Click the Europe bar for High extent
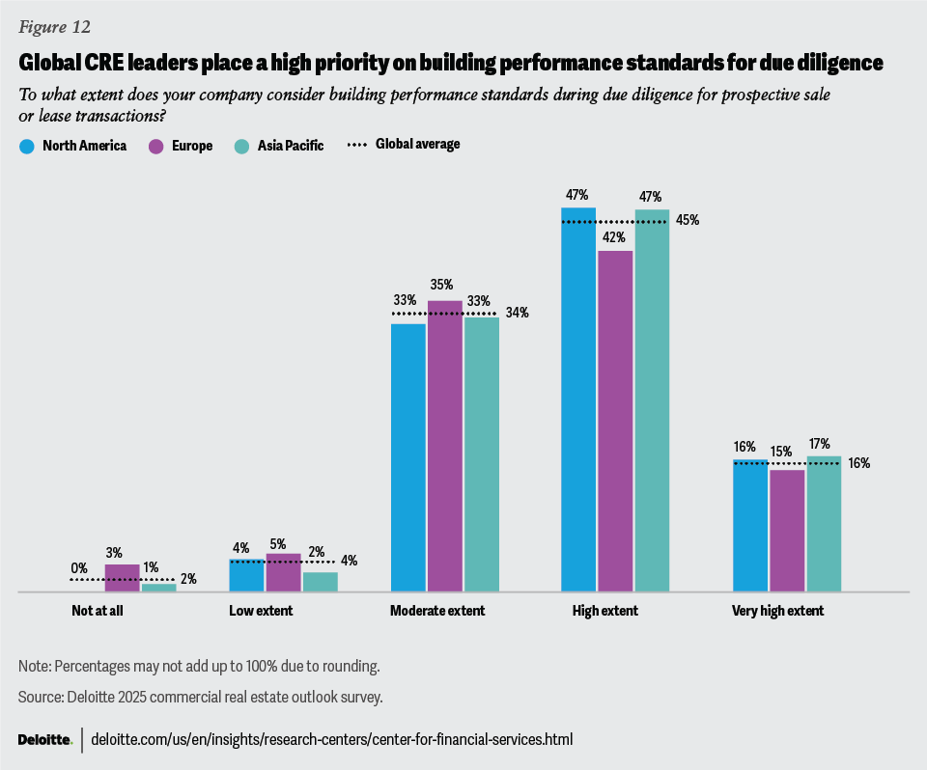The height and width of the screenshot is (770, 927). [x=615, y=421]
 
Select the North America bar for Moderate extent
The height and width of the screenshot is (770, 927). [x=408, y=456]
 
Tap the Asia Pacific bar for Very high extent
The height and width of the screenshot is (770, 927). [x=824, y=523]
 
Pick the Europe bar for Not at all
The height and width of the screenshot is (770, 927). [x=122, y=577]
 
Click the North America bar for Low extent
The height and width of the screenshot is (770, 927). [x=246, y=575]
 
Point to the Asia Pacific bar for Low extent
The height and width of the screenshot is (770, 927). [x=320, y=581]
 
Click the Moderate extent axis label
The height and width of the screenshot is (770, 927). [x=437, y=611]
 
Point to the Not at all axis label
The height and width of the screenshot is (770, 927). [x=98, y=611]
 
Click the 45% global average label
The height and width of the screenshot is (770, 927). [x=688, y=220]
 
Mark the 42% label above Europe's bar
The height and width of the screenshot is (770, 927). [x=615, y=237]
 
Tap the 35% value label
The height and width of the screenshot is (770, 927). [x=444, y=286]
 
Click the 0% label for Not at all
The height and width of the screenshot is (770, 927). [x=79, y=568]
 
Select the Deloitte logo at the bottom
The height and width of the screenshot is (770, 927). [x=44, y=740]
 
